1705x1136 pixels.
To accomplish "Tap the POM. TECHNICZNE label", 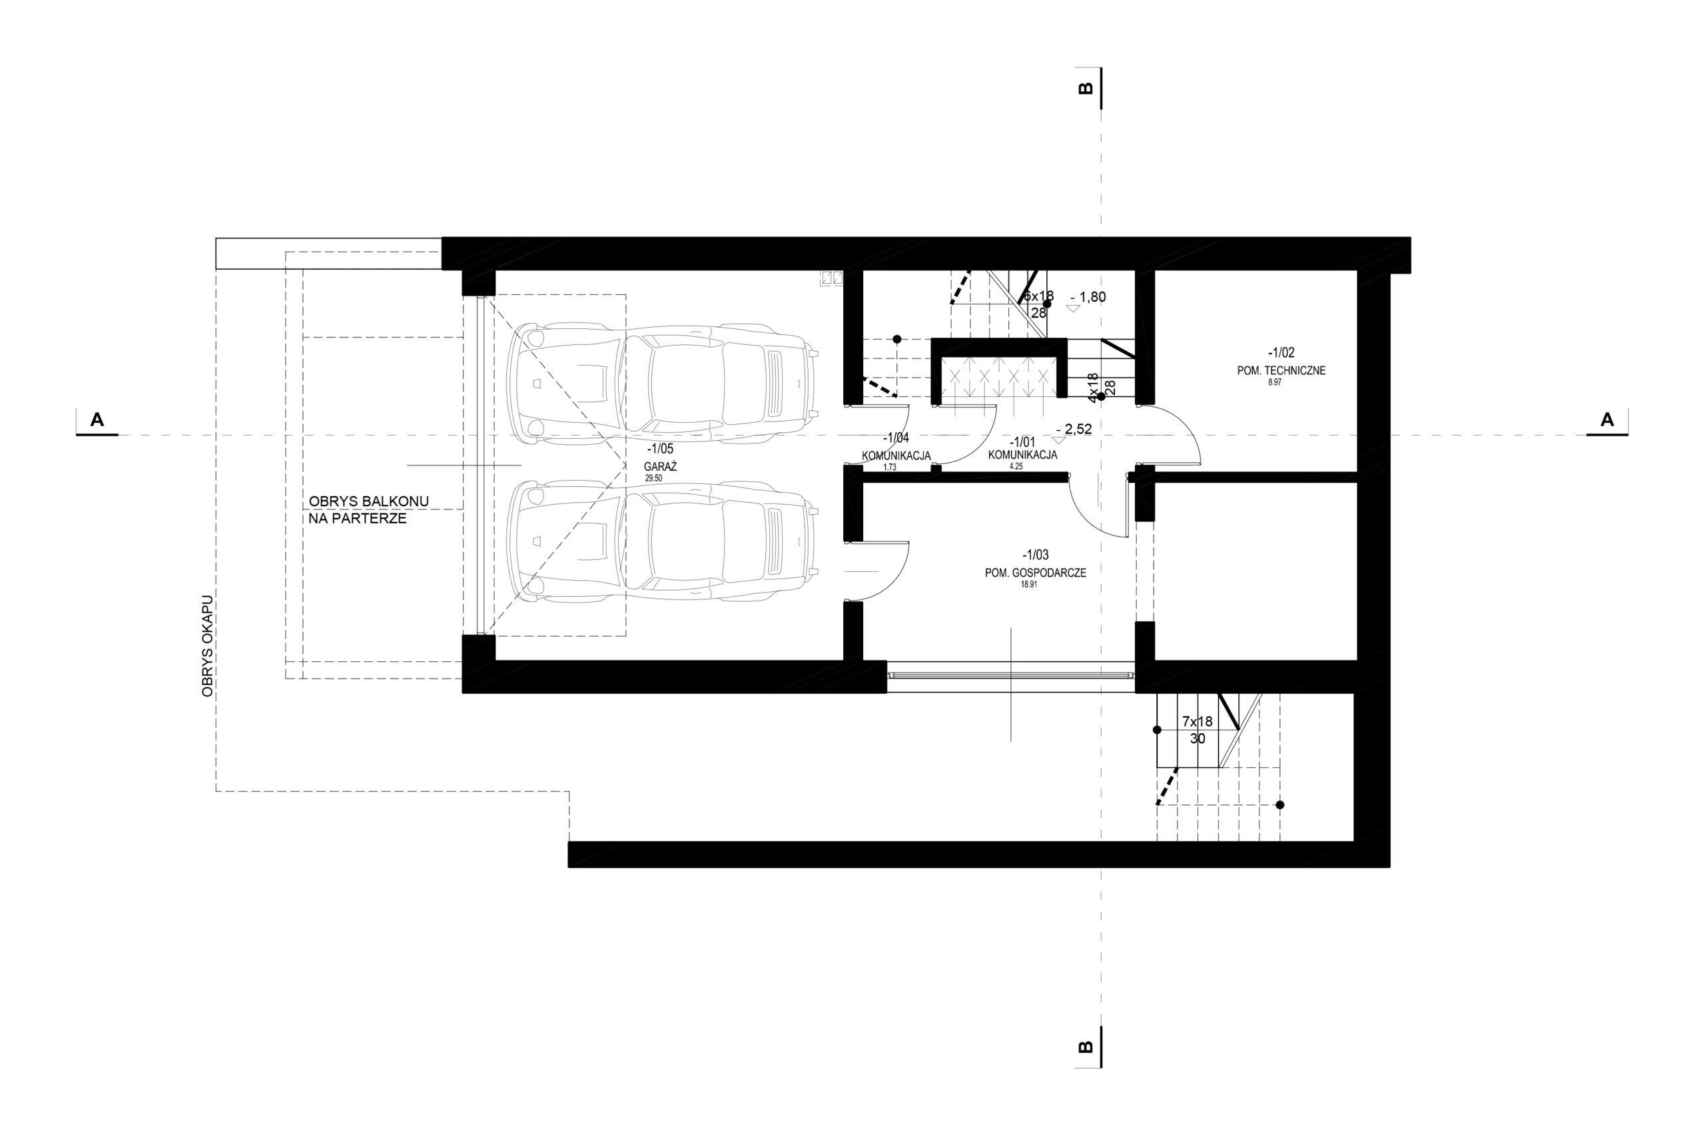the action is pyautogui.click(x=1281, y=370).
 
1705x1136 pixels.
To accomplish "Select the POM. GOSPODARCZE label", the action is pyautogui.click(x=1036, y=573).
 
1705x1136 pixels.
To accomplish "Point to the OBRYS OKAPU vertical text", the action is pyautogui.click(x=208, y=647).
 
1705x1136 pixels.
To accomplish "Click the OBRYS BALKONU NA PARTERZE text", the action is pyautogui.click(x=369, y=510).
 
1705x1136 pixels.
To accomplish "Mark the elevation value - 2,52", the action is pyautogui.click(x=1074, y=429).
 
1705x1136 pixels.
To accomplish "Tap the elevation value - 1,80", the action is pyautogui.click(x=1088, y=296).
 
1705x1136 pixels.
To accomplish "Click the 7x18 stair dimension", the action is pyautogui.click(x=1197, y=722).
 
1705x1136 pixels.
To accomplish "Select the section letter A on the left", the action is pyautogui.click(x=97, y=420).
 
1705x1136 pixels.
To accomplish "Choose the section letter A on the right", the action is pyautogui.click(x=1607, y=420).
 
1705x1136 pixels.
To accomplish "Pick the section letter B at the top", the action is pyautogui.click(x=1085, y=88).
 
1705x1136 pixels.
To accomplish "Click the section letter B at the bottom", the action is pyautogui.click(x=1085, y=1047).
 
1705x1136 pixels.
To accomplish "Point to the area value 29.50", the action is pyautogui.click(x=653, y=479).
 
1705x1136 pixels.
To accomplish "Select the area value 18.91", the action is pyautogui.click(x=1028, y=584).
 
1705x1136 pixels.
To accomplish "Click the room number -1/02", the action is pyautogui.click(x=1281, y=353).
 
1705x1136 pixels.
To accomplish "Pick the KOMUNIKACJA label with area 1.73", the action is pyautogui.click(x=896, y=455).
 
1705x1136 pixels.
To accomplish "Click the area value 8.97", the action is pyautogui.click(x=1275, y=382).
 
